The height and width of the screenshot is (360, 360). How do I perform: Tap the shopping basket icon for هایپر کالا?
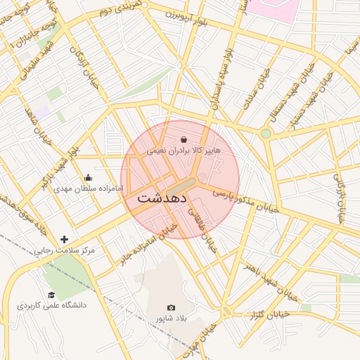pyautogui.click(x=184, y=139)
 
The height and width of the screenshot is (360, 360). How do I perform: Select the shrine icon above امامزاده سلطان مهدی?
pyautogui.click(x=88, y=178)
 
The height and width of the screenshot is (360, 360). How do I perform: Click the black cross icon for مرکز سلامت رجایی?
pyautogui.click(x=65, y=240)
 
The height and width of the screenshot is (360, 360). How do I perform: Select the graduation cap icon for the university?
pyautogui.click(x=51, y=295)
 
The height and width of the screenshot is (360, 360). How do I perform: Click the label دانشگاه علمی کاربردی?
pyautogui.click(x=51, y=306)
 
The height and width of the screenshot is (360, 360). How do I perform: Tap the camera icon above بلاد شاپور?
pyautogui.click(x=171, y=307)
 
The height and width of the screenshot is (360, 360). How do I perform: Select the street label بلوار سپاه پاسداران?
pyautogui.click(x=219, y=77)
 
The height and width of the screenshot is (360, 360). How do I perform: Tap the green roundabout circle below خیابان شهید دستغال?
pyautogui.click(x=266, y=133)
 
